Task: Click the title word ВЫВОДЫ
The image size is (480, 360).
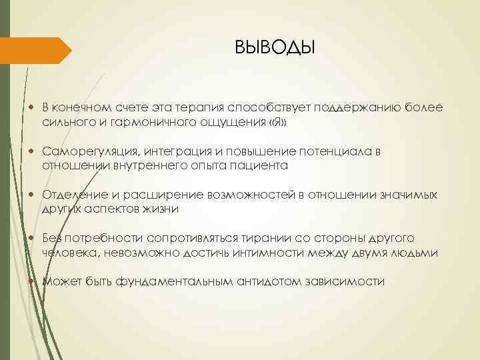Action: (274, 48)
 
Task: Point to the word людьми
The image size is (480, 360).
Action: (413, 253)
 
